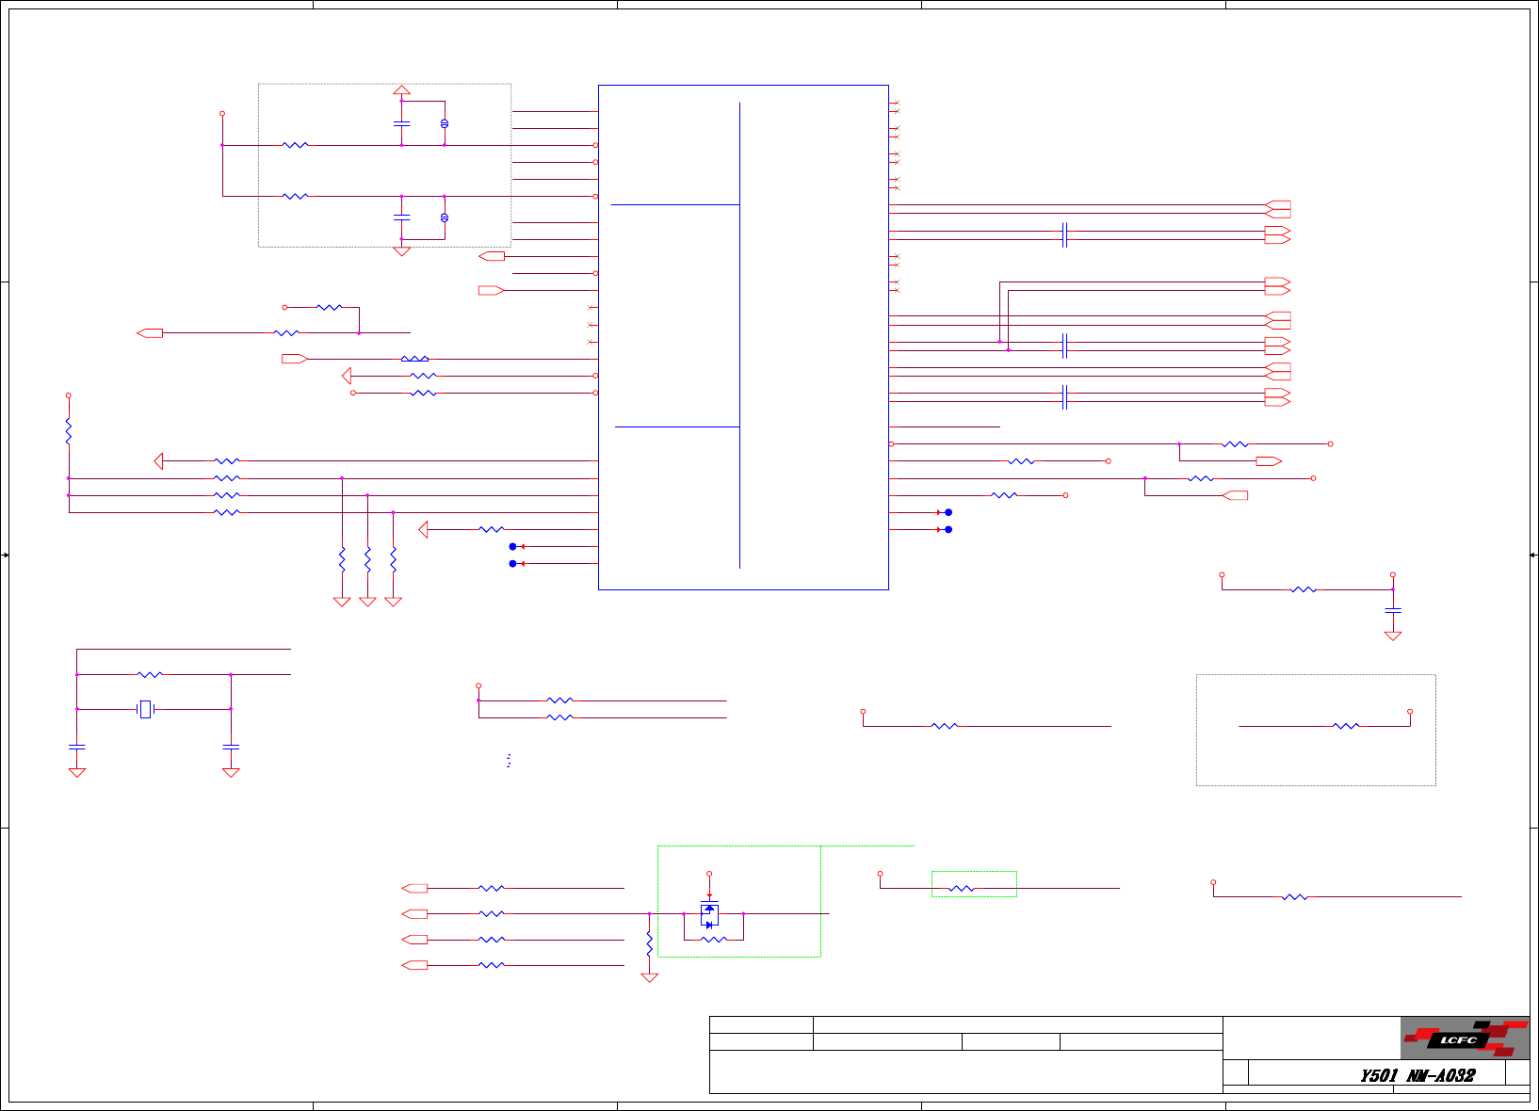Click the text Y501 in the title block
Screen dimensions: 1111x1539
[1378, 1075]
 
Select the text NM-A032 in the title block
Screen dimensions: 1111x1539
[1440, 1075]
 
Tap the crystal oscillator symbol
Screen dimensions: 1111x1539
[145, 709]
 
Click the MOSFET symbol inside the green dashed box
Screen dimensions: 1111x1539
[709, 914]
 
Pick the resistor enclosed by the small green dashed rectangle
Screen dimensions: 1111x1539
[961, 888]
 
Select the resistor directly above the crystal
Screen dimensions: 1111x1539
[150, 674]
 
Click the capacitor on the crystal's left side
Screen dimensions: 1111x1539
[77, 747]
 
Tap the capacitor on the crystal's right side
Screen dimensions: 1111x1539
[231, 747]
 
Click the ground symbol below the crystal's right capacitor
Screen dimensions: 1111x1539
[231, 772]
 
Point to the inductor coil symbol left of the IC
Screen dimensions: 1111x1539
[414, 359]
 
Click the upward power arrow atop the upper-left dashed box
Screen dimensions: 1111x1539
[401, 90]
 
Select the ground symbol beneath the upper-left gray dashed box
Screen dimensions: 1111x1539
[401, 251]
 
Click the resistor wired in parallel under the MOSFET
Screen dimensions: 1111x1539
[713, 940]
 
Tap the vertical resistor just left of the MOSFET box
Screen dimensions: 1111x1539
[649, 943]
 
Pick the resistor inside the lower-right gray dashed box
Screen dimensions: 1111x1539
[1346, 726]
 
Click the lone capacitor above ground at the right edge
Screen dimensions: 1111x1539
[1393, 610]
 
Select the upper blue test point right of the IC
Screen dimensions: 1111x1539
[948, 512]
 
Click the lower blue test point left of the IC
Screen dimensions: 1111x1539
[512, 564]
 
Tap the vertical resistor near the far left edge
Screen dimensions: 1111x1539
[69, 431]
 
